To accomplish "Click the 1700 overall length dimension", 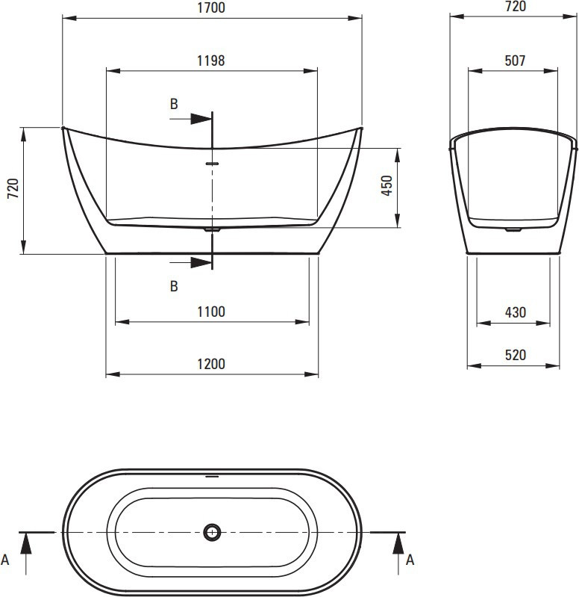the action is (211, 7).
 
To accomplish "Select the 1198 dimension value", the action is (211, 61).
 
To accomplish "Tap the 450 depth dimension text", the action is (387, 185).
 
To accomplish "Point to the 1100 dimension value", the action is (211, 312).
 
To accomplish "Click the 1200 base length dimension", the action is (211, 364).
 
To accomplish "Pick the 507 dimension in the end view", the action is (515, 61).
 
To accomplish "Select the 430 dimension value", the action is (516, 312).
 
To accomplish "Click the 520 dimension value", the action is (516, 355).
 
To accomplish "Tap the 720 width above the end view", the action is (516, 6).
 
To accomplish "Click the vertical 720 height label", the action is (13, 188).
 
